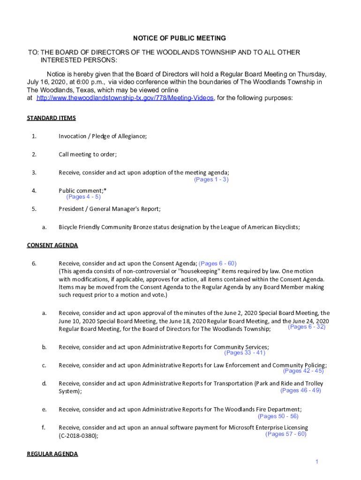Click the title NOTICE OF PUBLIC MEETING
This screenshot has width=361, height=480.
pos(180,38)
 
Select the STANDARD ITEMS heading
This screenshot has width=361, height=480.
pos(51,118)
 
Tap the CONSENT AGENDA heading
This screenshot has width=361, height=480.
pos(52,245)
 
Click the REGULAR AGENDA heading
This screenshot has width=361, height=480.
pos(52,454)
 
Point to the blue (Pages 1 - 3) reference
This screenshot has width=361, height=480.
pos(211,180)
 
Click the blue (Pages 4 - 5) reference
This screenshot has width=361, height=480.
pos(83,197)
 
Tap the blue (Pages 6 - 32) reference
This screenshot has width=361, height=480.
pos(307,327)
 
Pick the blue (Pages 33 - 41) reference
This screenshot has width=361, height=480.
pos(245,353)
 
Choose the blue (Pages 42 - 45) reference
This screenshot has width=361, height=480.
pos(303,371)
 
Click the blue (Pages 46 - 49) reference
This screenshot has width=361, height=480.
pos(301,390)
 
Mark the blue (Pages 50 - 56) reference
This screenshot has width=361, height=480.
pos(278,416)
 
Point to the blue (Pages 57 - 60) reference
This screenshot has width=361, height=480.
pos(286,434)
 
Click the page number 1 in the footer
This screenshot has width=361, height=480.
pos(317,462)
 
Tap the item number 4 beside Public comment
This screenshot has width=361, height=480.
pos(34,191)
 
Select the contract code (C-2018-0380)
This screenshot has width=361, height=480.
pos(78,436)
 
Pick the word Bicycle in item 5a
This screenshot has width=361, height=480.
pos(68,227)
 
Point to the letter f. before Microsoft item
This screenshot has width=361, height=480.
pos(43,427)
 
